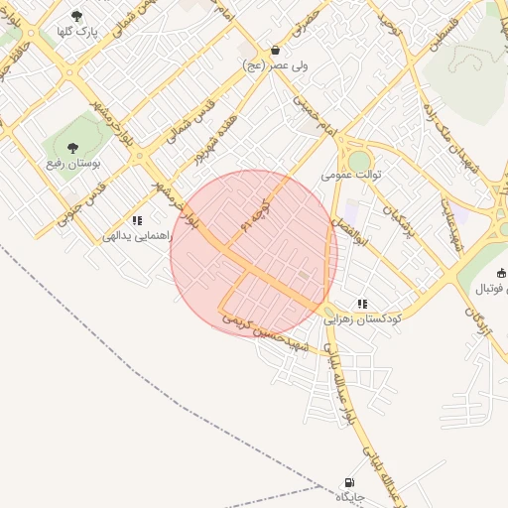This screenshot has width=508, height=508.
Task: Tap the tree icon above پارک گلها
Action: [76, 15]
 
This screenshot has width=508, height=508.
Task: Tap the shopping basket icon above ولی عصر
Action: [274, 50]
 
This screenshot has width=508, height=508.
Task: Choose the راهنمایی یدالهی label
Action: [137, 238]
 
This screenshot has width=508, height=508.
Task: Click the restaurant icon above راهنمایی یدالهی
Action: [137, 221]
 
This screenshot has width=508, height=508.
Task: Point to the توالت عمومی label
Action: [351, 175]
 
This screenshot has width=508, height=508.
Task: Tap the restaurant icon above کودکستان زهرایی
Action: [362, 304]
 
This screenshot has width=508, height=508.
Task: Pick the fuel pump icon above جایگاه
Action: [348, 479]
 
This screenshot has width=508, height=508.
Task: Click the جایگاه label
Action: [351, 495]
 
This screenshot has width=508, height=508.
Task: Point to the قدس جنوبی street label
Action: [85, 203]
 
